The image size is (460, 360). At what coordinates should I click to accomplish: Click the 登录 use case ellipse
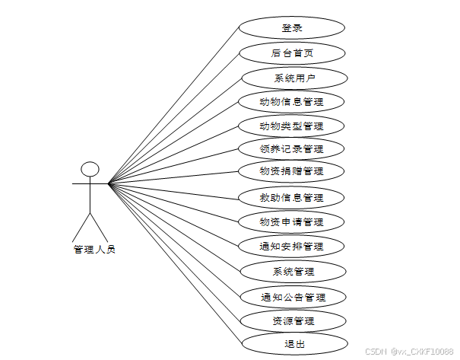(x=292, y=28)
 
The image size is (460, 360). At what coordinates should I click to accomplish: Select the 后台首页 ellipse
(x=292, y=53)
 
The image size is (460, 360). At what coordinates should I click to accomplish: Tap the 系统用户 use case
(x=294, y=78)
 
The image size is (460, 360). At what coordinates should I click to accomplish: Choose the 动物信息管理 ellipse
(x=292, y=102)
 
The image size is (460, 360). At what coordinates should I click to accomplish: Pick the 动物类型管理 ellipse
(x=292, y=126)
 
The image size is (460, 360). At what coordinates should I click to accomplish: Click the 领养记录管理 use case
(x=292, y=148)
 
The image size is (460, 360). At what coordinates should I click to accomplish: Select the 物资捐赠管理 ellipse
(x=292, y=170)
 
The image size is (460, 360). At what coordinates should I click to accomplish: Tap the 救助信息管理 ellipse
(x=292, y=198)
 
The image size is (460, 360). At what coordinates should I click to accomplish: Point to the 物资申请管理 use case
(x=292, y=222)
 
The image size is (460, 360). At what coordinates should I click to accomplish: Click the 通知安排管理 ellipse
(x=292, y=246)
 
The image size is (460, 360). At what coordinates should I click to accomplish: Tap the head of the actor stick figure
(x=90, y=168)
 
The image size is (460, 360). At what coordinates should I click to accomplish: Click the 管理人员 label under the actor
(x=94, y=249)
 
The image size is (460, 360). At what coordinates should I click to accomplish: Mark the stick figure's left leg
(x=81, y=226)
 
